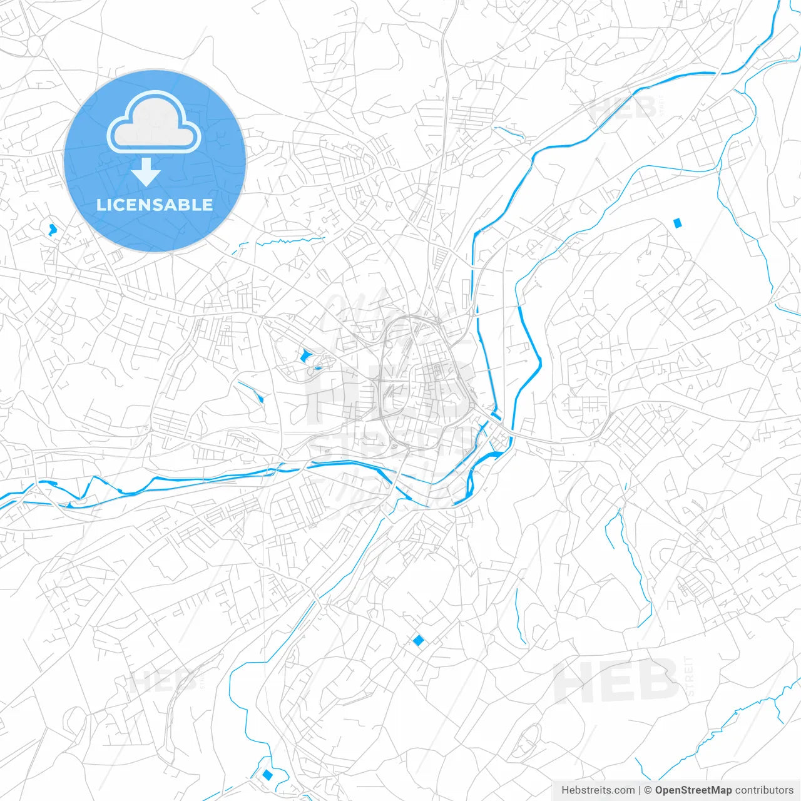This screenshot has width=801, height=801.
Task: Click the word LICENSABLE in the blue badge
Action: [155, 205]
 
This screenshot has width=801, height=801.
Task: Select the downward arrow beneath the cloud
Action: [146, 172]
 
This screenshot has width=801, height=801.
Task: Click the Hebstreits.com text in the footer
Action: [598, 790]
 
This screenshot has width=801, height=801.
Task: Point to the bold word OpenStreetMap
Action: [693, 790]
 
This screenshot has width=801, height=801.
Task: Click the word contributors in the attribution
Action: [764, 790]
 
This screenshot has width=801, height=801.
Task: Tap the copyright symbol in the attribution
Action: [648, 790]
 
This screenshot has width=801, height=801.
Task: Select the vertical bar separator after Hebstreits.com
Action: [640, 790]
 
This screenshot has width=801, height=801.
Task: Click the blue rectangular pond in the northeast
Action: [676, 222]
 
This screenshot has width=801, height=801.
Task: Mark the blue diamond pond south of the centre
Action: [418, 640]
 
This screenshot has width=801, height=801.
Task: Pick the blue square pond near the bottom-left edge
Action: [268, 775]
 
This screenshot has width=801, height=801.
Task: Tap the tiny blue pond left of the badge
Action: [51, 229]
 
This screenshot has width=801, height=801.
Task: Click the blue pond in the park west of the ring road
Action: [305, 357]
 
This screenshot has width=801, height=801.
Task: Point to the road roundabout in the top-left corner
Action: [34, 44]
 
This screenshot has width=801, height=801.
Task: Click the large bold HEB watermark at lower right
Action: [616, 682]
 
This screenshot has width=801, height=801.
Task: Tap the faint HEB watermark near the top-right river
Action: [622, 108]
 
